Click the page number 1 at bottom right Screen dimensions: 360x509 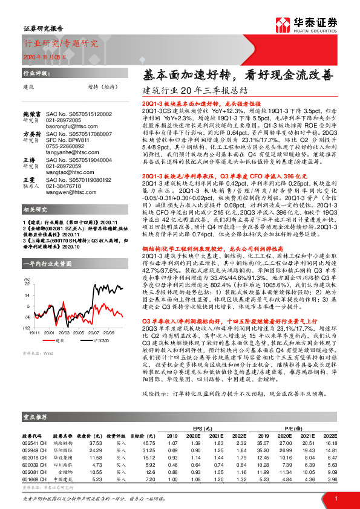tap(335, 496)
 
